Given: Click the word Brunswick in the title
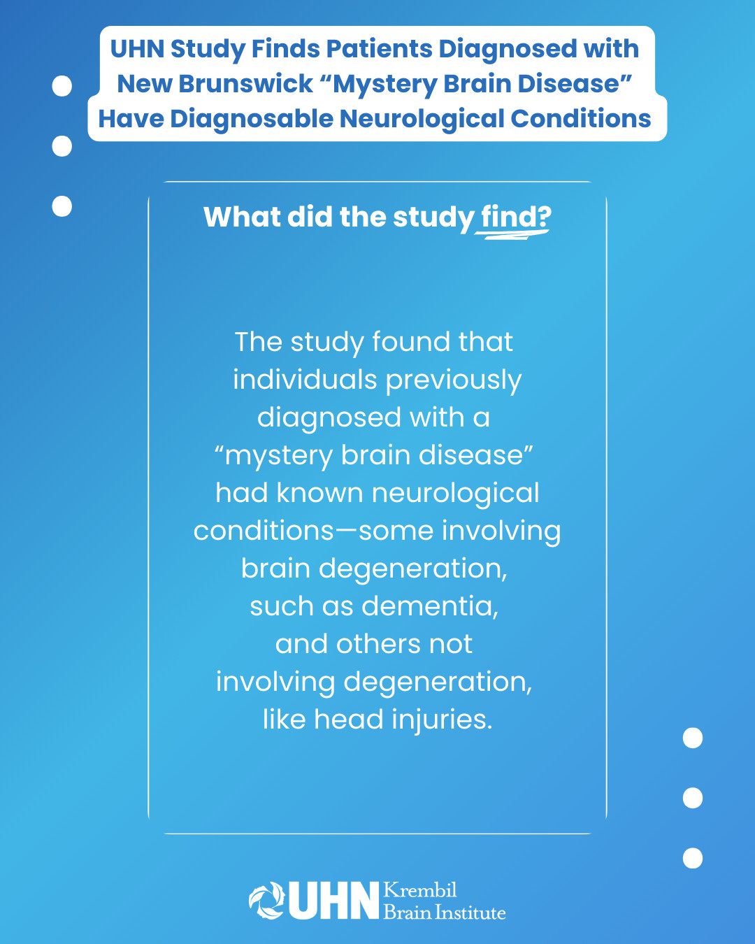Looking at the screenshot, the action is point(245,83).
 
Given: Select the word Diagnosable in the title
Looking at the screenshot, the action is point(252,119).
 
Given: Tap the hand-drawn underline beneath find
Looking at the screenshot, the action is point(512,235).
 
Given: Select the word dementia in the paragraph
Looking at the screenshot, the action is point(429,606).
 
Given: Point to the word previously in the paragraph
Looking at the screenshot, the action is point(454,380).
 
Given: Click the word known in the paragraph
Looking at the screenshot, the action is point(319,492).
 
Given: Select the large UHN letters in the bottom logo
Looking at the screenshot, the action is point(333,901).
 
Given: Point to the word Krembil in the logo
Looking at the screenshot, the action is point(420,890).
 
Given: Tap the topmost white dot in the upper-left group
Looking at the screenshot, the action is point(62,86).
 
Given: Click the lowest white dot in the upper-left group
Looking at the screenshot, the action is point(62,206).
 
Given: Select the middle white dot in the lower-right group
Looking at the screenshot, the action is point(692,798).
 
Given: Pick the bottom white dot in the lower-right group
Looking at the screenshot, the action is point(692,858).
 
